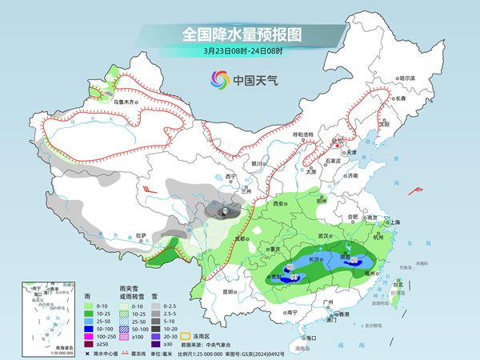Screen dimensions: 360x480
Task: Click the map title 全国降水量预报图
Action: (x=239, y=34)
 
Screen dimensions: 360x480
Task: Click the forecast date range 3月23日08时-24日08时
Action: (x=239, y=52)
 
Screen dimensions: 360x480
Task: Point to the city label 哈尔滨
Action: (x=407, y=78)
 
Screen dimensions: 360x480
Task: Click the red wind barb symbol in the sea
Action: (x=416, y=190)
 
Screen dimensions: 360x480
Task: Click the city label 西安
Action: (x=279, y=204)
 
